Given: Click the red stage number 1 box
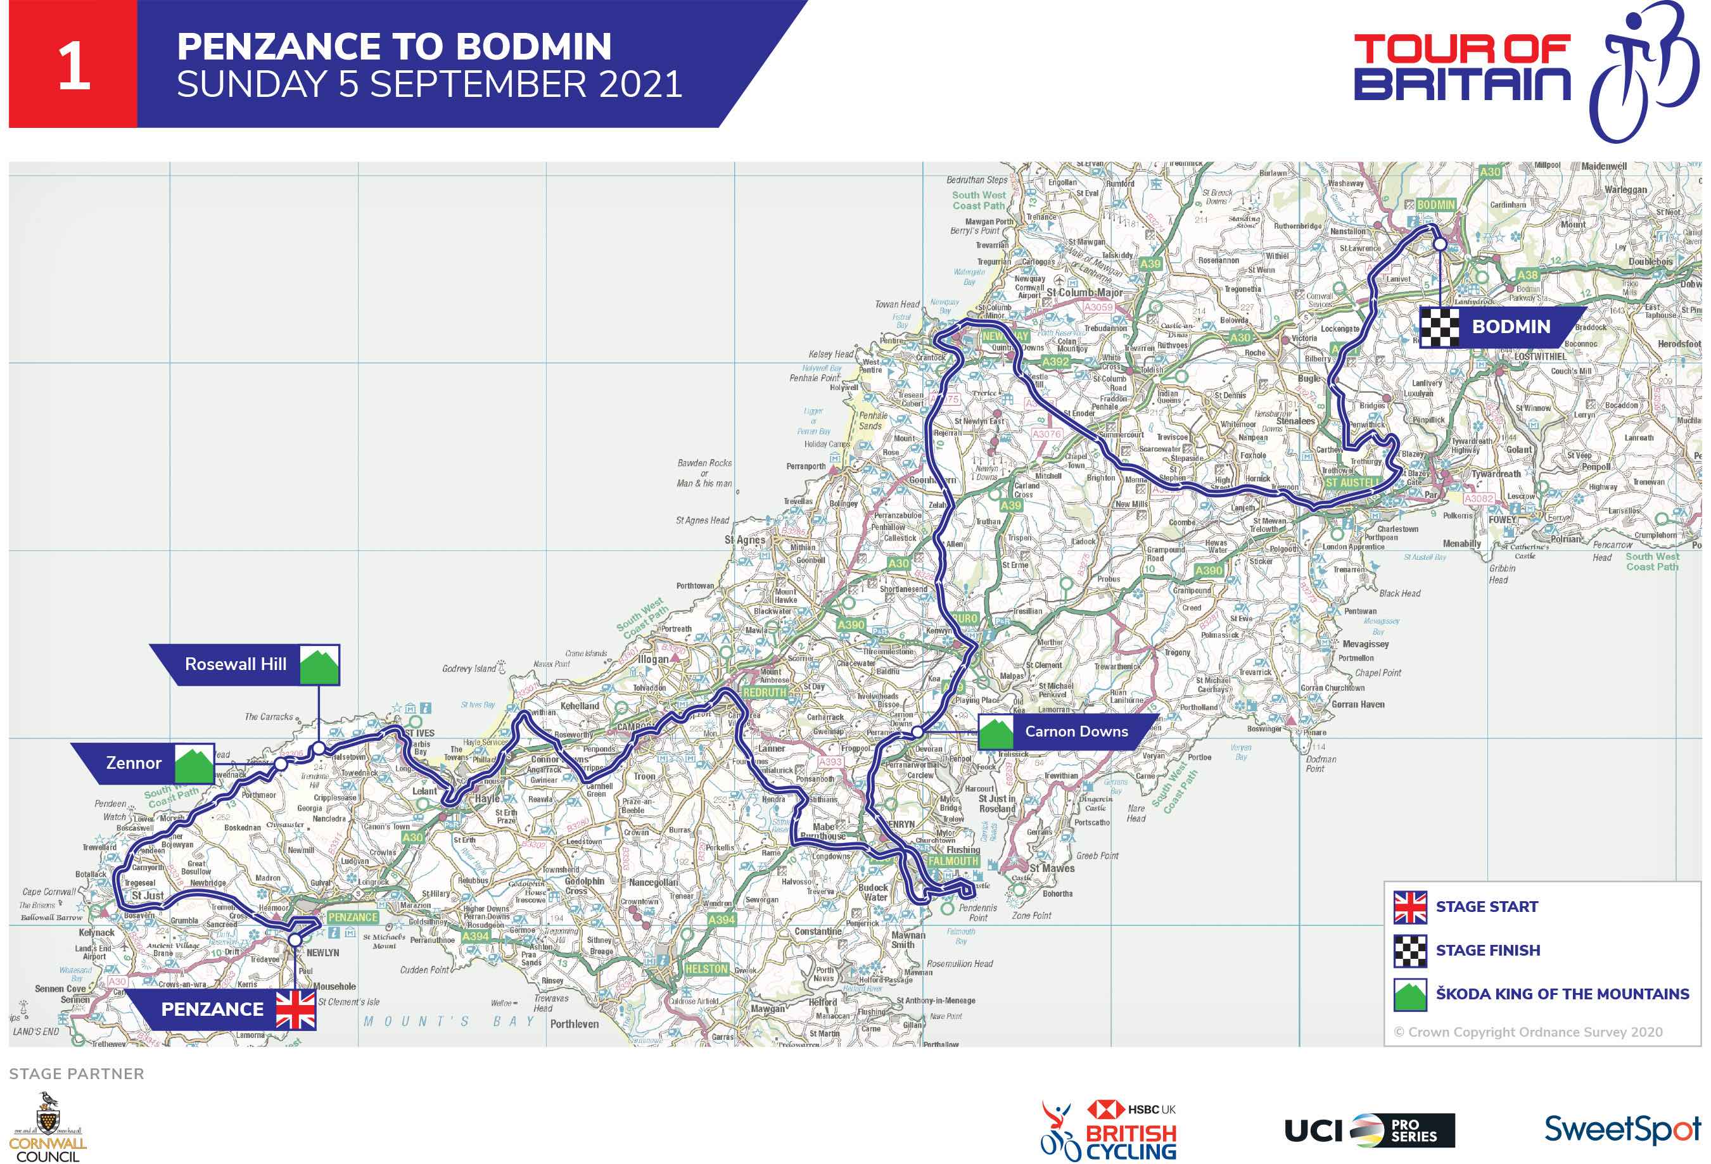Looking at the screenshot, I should [73, 65].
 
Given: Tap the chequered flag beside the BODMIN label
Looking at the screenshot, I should [1439, 327].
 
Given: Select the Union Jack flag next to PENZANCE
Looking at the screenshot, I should [296, 1009].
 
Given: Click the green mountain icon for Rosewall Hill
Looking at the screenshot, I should [319, 665].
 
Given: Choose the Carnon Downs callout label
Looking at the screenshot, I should [1076, 731].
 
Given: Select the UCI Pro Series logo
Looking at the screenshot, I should [1370, 1130].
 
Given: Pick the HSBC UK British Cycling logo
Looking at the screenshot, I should [1109, 1130].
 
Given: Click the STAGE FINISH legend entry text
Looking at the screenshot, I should [1487, 950].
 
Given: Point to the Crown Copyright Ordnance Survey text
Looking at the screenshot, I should [1528, 1032].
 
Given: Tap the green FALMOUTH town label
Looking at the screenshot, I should [953, 861].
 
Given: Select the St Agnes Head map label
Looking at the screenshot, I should [702, 520].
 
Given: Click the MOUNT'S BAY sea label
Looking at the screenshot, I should [448, 1021].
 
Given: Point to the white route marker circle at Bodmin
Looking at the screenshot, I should [1439, 243].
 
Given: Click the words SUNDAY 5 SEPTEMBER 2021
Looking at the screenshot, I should [429, 84].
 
